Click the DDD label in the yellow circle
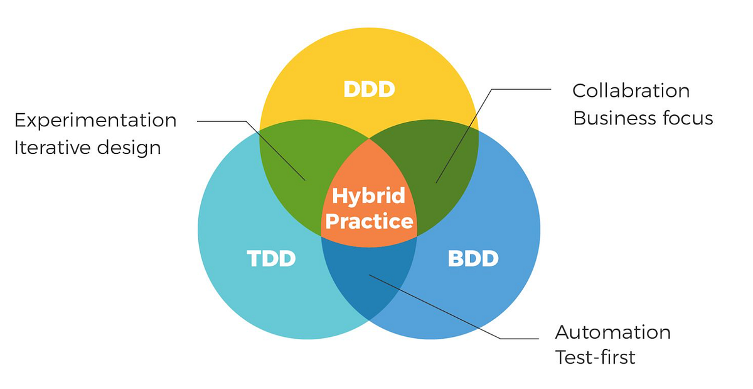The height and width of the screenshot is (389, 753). (x=369, y=89)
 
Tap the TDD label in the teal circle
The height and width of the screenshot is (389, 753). (x=271, y=258)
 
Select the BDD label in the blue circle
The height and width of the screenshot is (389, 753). (x=473, y=258)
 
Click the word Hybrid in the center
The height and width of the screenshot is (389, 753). (x=369, y=196)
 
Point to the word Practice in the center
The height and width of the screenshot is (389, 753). (x=369, y=221)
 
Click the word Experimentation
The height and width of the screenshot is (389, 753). (x=95, y=120)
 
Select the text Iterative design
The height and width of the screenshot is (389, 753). (x=88, y=148)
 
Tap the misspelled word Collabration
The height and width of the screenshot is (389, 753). (x=631, y=90)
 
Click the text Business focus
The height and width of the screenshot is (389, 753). (x=643, y=118)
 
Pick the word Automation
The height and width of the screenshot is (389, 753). (x=612, y=332)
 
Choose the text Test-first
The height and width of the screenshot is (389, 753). (x=595, y=358)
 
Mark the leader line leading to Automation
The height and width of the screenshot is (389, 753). (x=439, y=308)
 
